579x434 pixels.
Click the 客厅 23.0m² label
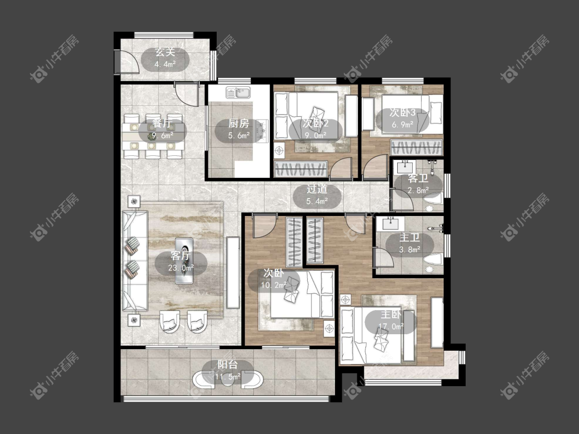(181, 261)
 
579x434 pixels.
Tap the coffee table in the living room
(184, 261)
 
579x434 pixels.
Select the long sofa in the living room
(135, 260)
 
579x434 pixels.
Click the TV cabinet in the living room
(233, 273)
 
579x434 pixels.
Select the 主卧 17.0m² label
(391, 320)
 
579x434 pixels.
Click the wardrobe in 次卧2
(301, 169)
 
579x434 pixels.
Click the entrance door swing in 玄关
(128, 62)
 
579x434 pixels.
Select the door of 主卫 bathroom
(383, 257)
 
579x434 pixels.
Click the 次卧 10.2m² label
(274, 279)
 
